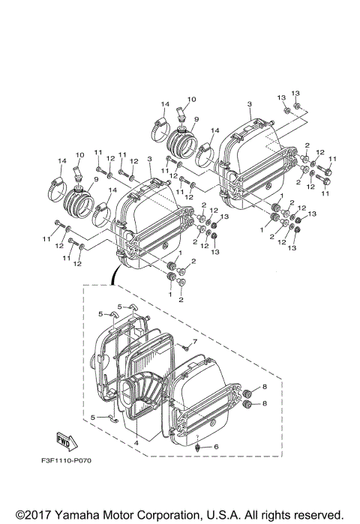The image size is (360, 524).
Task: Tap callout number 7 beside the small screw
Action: pyautogui.click(x=193, y=342)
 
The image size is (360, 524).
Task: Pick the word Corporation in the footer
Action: pyautogui.click(x=161, y=514)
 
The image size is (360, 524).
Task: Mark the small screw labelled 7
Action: pyautogui.click(x=182, y=347)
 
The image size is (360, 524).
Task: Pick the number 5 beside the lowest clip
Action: pyautogui.click(x=92, y=416)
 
